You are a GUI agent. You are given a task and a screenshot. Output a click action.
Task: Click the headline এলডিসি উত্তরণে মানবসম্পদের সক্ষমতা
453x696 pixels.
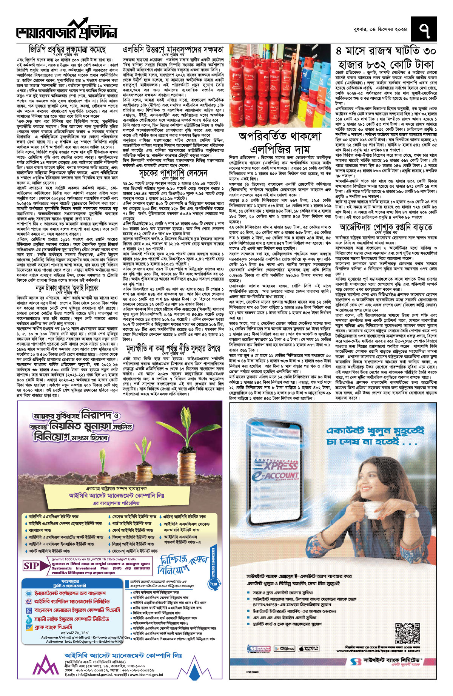(x=173, y=49)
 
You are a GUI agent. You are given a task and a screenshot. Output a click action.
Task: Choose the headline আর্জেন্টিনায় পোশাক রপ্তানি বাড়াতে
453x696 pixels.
(x=386, y=227)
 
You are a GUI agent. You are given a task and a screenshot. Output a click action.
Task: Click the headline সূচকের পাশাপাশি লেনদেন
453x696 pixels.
(x=173, y=173)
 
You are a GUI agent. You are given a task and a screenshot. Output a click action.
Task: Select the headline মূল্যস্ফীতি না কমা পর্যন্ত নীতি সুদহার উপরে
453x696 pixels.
(x=173, y=348)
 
